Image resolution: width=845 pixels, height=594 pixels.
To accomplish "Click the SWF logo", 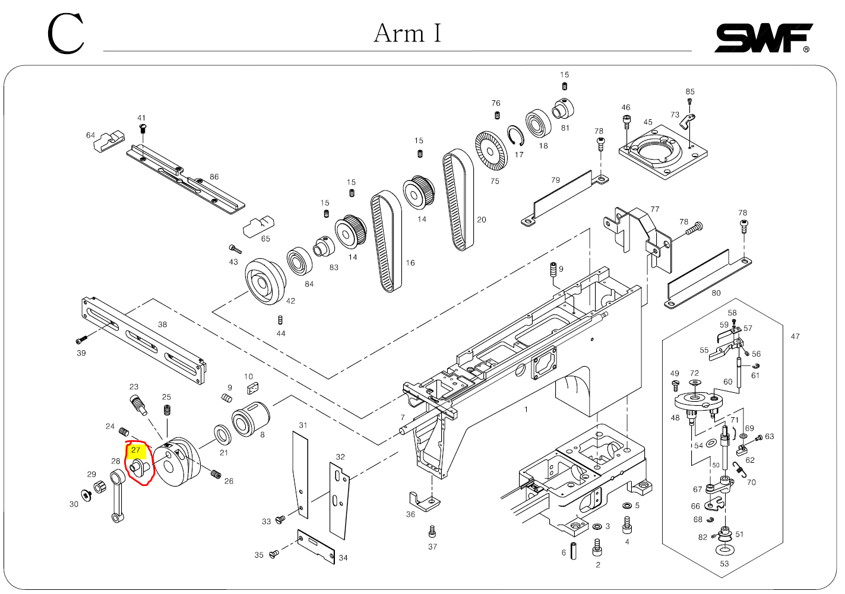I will click(x=763, y=38).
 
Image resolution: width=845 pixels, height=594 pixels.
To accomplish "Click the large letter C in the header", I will click(x=66, y=34).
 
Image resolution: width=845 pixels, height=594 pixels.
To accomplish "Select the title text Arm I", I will click(x=407, y=33).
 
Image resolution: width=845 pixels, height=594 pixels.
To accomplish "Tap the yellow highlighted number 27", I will click(x=136, y=450).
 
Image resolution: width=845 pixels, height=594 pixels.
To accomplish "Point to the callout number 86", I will click(x=214, y=177).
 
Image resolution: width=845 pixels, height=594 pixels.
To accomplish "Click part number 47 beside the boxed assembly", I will click(x=795, y=336).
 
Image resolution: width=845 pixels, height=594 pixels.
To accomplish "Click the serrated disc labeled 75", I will click(x=491, y=150).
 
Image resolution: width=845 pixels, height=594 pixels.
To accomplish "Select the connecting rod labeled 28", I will click(x=118, y=496).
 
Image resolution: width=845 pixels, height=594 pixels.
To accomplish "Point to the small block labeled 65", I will click(x=258, y=225).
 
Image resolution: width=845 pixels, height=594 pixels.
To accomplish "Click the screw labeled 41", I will click(x=142, y=128).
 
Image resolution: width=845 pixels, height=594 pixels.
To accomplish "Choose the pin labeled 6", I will click(x=574, y=551).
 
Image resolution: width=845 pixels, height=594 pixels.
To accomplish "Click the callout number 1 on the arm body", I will click(x=526, y=409).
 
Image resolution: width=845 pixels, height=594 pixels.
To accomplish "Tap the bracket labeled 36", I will click(x=424, y=501).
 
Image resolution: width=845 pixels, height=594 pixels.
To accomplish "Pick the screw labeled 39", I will click(x=81, y=340).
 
